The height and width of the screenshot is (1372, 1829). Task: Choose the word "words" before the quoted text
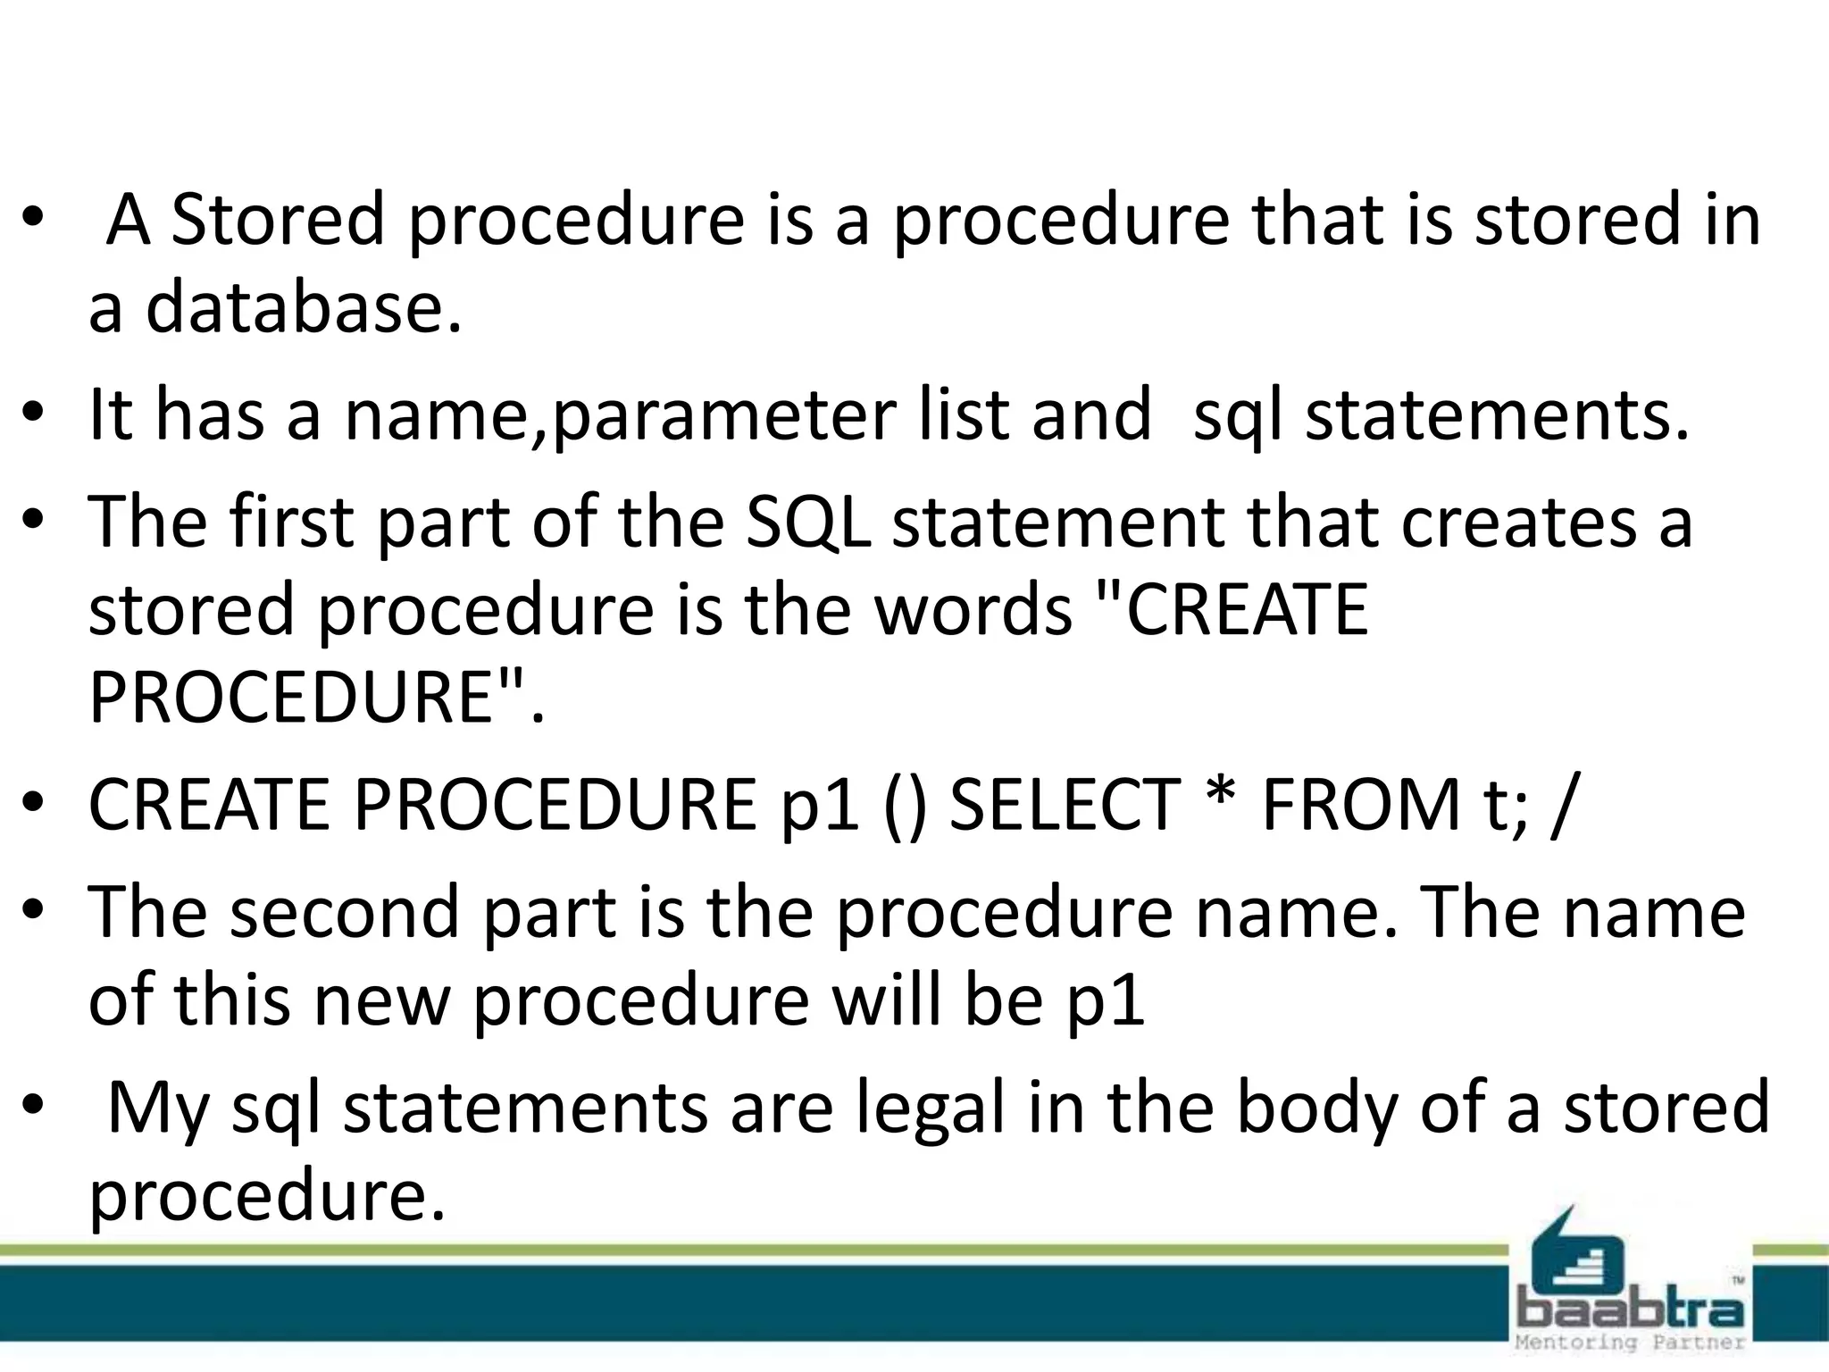coord(973,609)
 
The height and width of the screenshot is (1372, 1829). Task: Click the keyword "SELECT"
coord(1064,805)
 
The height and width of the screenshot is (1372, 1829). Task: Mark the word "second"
coord(344,912)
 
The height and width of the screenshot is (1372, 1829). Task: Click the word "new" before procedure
coord(380,1000)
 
